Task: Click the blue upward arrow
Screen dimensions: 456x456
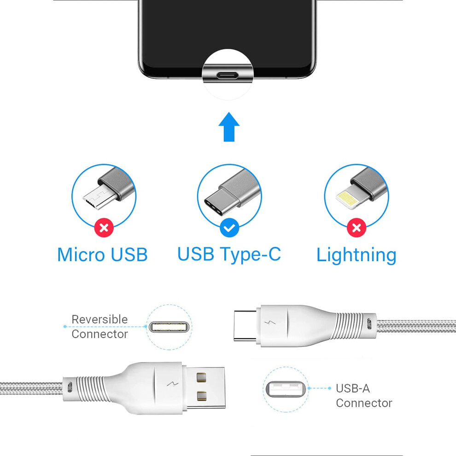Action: coord(229,127)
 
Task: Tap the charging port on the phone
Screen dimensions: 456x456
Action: coord(228,76)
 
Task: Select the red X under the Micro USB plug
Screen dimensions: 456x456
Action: coord(104,228)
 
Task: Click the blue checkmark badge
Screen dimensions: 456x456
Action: coord(229,228)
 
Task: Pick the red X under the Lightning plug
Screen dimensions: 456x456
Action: coord(357,228)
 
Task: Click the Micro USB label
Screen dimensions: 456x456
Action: coord(102,255)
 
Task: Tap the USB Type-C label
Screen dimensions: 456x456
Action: coord(229,255)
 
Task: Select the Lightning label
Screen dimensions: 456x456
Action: coord(356,255)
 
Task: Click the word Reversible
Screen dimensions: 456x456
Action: coord(99,319)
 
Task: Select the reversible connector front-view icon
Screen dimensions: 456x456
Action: coord(169,327)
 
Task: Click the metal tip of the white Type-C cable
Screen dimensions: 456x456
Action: coord(245,326)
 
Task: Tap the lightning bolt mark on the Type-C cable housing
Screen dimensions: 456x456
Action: coord(271,323)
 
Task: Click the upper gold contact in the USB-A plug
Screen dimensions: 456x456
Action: coord(201,377)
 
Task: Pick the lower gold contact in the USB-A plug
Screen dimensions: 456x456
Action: coord(201,396)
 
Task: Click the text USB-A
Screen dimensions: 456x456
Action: coord(353,389)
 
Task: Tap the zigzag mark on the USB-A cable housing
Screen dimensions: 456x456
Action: coord(172,385)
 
